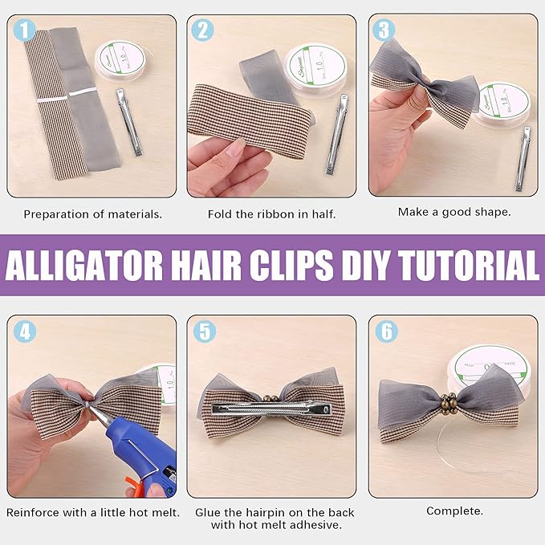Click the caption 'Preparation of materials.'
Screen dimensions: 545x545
click(x=92, y=214)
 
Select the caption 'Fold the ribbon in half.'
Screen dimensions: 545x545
click(x=271, y=214)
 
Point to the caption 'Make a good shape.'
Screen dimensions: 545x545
click(x=453, y=213)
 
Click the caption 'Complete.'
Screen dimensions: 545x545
click(x=453, y=510)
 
